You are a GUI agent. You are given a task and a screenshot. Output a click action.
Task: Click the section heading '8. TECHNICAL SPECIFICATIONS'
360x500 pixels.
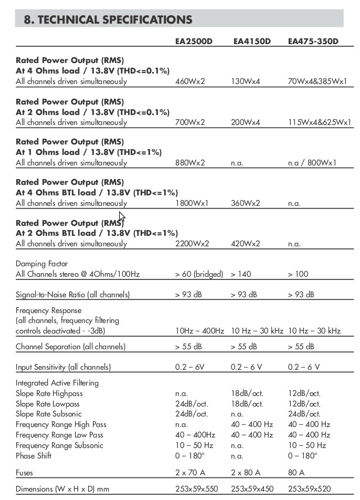(x=108, y=19)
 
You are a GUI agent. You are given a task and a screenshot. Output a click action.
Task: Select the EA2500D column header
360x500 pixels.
(x=194, y=41)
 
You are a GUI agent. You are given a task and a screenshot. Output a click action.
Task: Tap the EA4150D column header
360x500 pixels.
(x=251, y=41)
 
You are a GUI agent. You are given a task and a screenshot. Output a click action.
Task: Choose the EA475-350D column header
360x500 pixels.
(x=313, y=41)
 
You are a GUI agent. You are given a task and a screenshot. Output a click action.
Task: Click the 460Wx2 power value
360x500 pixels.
(x=190, y=81)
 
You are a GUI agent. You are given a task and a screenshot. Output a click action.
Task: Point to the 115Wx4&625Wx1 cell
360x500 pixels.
(x=320, y=122)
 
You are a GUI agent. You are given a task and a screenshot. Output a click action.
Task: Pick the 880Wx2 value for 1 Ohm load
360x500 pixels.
(x=190, y=163)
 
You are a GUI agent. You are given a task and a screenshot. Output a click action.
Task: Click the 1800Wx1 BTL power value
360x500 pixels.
(x=192, y=203)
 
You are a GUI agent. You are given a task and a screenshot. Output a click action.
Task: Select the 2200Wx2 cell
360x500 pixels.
(x=192, y=244)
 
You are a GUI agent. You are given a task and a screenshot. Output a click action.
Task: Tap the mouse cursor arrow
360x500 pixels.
(x=122, y=216)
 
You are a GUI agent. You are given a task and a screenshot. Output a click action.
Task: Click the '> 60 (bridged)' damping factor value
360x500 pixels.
(x=199, y=274)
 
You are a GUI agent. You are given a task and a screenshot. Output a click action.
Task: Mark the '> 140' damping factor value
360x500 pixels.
(x=240, y=274)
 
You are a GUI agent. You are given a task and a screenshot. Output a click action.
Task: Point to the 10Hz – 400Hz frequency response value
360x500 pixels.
(x=199, y=331)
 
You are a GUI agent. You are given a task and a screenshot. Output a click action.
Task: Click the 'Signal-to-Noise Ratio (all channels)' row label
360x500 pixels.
(x=72, y=295)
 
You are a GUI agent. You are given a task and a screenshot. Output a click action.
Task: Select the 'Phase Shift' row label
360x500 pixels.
(x=33, y=456)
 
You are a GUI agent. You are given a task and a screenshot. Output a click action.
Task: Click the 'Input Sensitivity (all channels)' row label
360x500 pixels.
(x=63, y=367)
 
